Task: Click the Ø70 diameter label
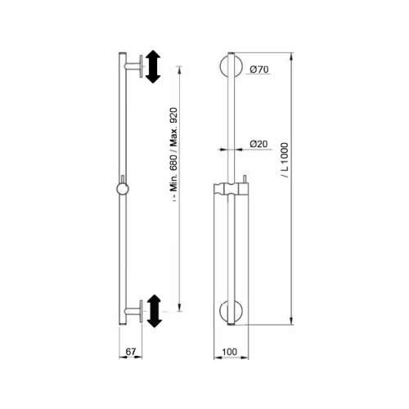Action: pyautogui.click(x=259, y=70)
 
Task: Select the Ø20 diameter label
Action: pyautogui.click(x=258, y=144)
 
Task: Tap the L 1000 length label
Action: pyautogui.click(x=285, y=160)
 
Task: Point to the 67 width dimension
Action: pyautogui.click(x=131, y=352)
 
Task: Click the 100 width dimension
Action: pyautogui.click(x=230, y=352)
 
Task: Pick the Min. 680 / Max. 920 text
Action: pyautogui.click(x=173, y=154)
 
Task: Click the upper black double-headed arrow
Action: pyautogui.click(x=153, y=67)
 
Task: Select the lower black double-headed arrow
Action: pyautogui.click(x=155, y=311)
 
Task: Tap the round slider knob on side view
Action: pyautogui.click(x=123, y=189)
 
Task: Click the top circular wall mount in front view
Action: pyautogui.click(x=231, y=66)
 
